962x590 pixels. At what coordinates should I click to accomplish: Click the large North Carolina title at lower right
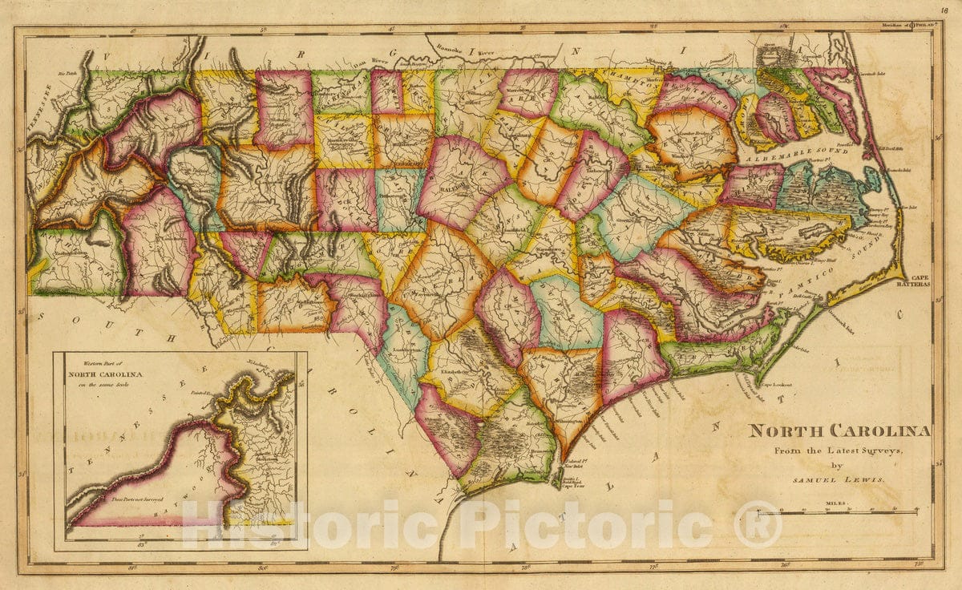tap(839, 430)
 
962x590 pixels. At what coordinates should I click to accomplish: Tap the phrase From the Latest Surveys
tap(839, 451)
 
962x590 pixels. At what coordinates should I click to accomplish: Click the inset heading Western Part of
tap(105, 363)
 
